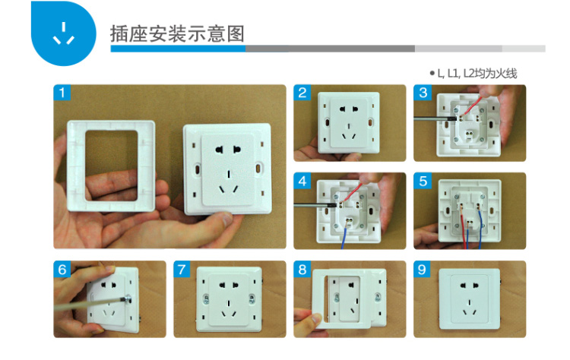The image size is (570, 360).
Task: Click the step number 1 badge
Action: click(x=62, y=92)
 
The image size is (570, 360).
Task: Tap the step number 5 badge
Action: click(x=423, y=181)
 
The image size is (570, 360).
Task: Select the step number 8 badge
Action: click(x=302, y=269)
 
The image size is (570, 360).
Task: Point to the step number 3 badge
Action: click(x=423, y=92)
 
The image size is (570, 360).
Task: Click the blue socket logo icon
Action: click(x=64, y=33)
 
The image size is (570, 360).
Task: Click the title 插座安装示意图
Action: click(x=177, y=33)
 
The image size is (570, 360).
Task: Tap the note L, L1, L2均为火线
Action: click(x=473, y=74)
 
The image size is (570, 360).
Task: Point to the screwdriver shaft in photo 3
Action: click(x=435, y=118)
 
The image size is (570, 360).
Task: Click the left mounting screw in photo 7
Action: click(x=206, y=299)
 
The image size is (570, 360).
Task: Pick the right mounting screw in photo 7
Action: click(x=252, y=298)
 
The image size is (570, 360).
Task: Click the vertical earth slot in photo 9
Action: click(x=470, y=302)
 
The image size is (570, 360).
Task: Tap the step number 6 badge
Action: click(x=62, y=269)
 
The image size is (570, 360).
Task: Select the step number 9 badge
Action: click(x=422, y=269)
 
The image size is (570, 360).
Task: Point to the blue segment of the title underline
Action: click(x=178, y=49)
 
